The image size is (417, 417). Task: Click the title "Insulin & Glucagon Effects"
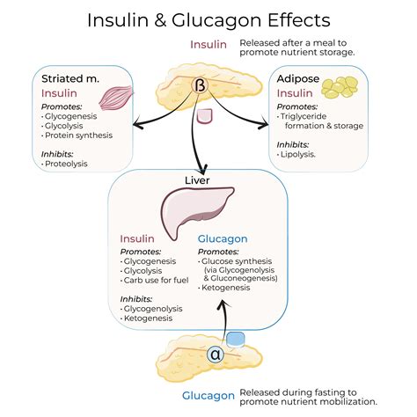208,19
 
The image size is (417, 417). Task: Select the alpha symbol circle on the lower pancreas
216,355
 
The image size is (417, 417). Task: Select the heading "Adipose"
299,78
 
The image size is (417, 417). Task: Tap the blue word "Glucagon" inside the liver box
223,238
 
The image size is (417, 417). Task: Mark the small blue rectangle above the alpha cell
236,339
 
